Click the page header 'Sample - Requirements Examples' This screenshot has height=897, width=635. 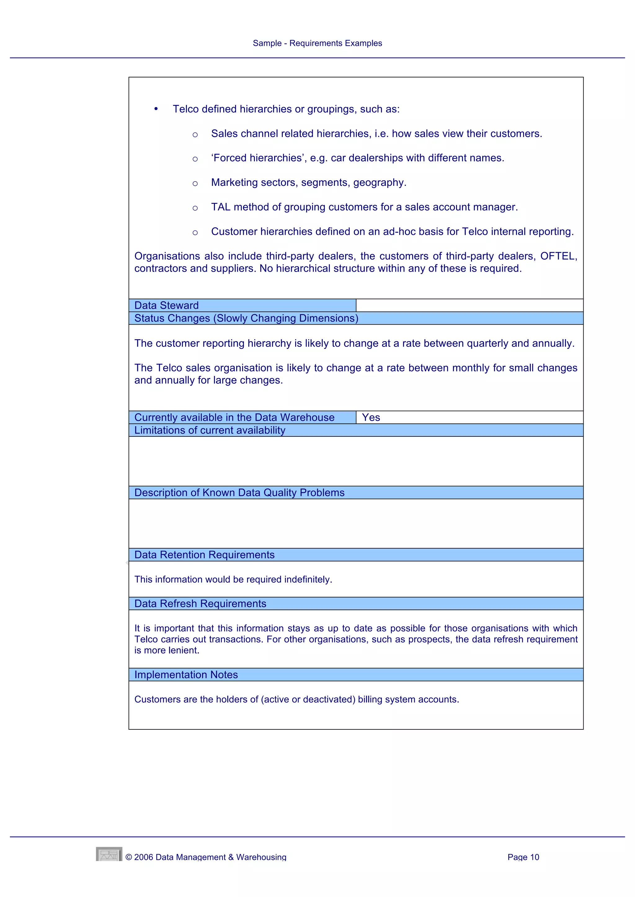click(x=317, y=43)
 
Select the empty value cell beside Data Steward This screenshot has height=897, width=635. click(x=469, y=305)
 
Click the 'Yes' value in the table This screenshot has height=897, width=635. click(x=371, y=417)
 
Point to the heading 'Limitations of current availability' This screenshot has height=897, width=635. click(x=210, y=430)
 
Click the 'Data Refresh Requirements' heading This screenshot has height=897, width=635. click(x=200, y=604)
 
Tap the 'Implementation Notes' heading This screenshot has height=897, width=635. click(x=186, y=675)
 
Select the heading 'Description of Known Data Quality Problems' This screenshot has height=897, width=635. click(x=239, y=493)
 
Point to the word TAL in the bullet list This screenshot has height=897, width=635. click(x=220, y=207)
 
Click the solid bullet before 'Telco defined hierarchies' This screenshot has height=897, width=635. click(x=156, y=109)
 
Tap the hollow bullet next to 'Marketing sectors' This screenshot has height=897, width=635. click(x=195, y=183)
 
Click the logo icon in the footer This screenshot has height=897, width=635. click(x=109, y=854)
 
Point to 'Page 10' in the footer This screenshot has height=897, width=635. click(x=523, y=857)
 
